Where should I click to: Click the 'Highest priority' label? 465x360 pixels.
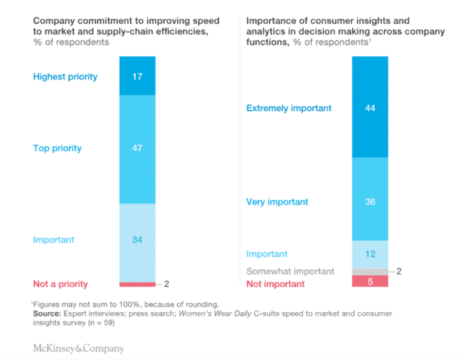(x=65, y=77)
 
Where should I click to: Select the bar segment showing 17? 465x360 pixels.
(x=137, y=76)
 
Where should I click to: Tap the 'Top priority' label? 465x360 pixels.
(x=58, y=148)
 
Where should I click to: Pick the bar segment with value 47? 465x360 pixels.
(x=137, y=148)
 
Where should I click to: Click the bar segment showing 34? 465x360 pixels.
(x=137, y=240)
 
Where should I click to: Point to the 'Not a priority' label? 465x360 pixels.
(x=61, y=284)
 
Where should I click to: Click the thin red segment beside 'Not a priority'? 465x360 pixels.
(x=137, y=284)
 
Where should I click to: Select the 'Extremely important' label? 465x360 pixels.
(x=289, y=108)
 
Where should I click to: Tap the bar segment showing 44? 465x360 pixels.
(x=370, y=108)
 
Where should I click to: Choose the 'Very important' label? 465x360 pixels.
(x=277, y=201)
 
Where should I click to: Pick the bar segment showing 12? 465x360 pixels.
(x=370, y=254)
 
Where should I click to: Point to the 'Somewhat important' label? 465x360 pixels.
(x=290, y=271)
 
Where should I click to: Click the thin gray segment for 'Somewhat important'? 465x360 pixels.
(x=370, y=272)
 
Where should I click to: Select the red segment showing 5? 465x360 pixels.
(x=370, y=281)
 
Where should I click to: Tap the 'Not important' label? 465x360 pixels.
(x=275, y=284)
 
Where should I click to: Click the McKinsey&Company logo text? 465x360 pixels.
(x=79, y=349)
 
